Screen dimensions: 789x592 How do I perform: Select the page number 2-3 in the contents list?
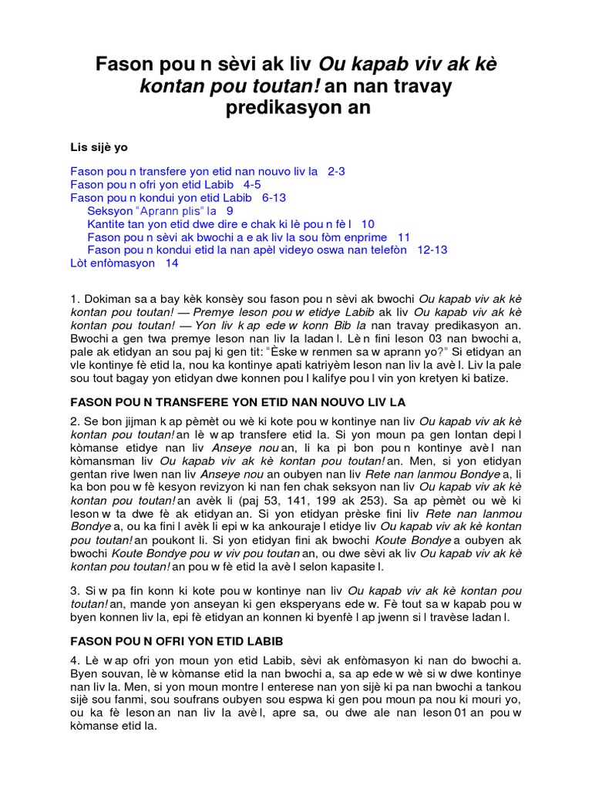click(x=336, y=172)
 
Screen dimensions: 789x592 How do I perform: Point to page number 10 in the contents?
click(x=368, y=224)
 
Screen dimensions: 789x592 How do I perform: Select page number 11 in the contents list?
click(x=404, y=237)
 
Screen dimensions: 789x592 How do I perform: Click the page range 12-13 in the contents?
click(x=432, y=250)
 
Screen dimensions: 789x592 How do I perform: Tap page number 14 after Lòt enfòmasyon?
click(x=171, y=264)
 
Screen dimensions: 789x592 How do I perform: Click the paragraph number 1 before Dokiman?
click(x=73, y=297)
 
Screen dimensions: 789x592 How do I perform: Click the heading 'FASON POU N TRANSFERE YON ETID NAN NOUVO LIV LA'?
click(x=237, y=402)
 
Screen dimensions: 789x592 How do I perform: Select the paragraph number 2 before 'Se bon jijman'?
click(x=73, y=423)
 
